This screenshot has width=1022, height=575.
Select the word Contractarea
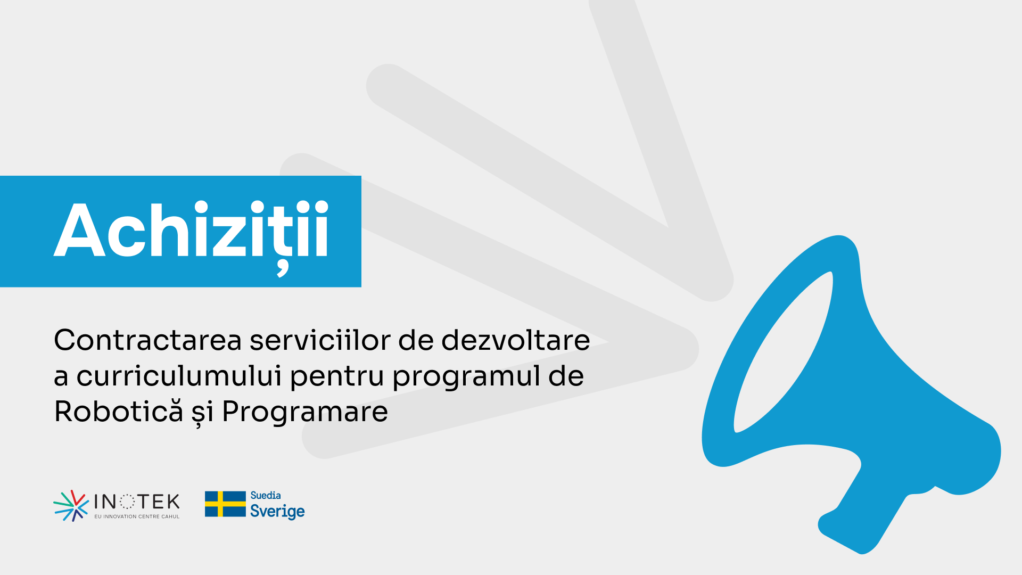click(x=148, y=340)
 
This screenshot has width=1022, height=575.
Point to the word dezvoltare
click(x=516, y=340)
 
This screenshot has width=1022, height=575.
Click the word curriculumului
click(x=179, y=376)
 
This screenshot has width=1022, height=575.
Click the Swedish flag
click(x=225, y=504)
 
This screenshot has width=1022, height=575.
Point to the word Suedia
click(x=266, y=496)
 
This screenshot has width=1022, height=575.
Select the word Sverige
click(x=277, y=512)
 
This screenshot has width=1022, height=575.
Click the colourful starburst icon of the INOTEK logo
click(x=71, y=506)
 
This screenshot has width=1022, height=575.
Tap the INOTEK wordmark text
click(x=137, y=502)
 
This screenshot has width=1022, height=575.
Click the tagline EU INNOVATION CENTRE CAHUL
click(x=137, y=516)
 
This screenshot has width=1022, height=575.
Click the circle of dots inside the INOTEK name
click(x=127, y=502)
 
